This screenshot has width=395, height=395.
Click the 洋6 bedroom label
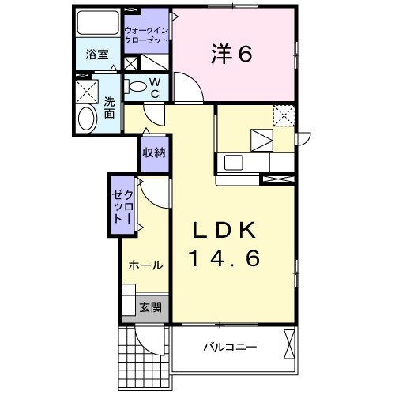(x=231, y=55)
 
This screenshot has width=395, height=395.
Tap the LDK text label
(x=224, y=230)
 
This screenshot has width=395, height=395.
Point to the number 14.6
(x=224, y=258)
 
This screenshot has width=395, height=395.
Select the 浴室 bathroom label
(x=97, y=55)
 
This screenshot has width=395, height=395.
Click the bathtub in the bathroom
(x=98, y=22)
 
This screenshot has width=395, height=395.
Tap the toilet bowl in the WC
(x=135, y=86)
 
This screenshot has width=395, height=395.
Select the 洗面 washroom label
(x=109, y=107)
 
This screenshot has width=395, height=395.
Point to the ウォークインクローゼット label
(x=146, y=36)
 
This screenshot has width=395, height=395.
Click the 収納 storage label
(x=154, y=152)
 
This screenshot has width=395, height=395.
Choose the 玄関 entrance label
(x=150, y=307)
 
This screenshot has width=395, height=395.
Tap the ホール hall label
(x=145, y=265)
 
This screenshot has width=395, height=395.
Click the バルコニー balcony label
(x=230, y=348)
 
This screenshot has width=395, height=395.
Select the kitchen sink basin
(x=233, y=163)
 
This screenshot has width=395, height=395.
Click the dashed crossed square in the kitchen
(x=284, y=115)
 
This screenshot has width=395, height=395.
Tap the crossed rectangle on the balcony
(x=289, y=344)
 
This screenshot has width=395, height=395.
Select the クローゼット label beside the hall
(x=122, y=207)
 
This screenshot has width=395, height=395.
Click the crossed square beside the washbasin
(x=87, y=91)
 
